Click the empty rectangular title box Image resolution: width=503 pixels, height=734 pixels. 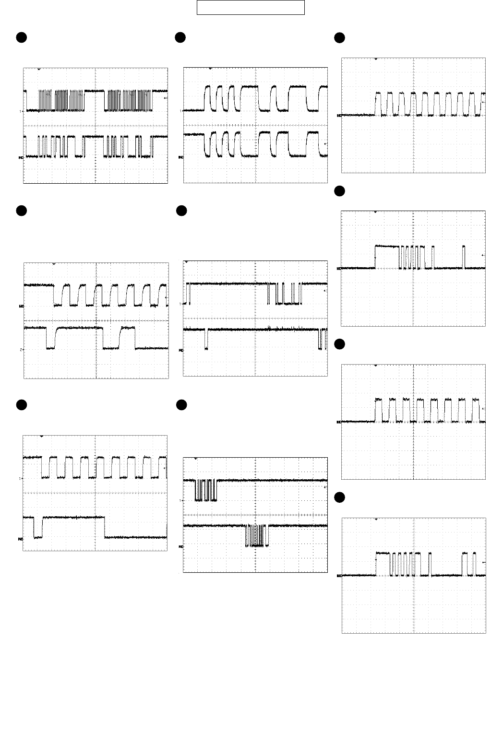tap(251, 8)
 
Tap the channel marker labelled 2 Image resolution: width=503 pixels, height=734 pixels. tap(21, 349)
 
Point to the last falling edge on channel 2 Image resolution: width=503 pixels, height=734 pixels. tap(135, 338)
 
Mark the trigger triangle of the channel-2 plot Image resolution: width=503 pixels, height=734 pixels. tap(54, 264)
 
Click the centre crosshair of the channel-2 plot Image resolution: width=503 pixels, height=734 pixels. tap(96, 320)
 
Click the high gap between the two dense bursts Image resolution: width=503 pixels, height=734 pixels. tap(94, 91)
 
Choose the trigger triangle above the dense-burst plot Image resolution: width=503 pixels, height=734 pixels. tap(39, 70)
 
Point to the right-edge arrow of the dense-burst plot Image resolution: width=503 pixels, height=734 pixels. tap(165, 98)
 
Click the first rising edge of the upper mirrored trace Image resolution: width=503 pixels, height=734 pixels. tap(205, 98)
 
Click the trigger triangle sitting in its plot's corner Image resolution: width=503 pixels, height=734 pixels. tap(186, 262)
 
